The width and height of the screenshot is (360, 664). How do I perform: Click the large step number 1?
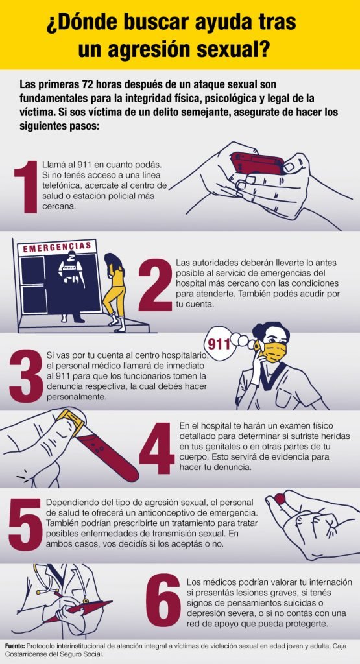26,186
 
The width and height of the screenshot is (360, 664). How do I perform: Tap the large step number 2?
155,285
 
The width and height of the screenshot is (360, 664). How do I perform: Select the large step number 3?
26,375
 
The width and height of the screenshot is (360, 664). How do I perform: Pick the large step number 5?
25,524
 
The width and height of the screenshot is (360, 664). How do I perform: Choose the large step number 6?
163,600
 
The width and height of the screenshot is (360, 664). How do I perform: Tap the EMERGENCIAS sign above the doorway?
56,247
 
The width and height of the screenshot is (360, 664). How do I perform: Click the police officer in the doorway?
71,286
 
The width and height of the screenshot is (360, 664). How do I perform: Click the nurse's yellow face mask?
274,352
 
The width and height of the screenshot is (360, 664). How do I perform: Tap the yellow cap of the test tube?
71,421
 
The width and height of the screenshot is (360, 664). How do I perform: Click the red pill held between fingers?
280,499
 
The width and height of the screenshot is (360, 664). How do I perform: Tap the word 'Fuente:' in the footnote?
16,646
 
